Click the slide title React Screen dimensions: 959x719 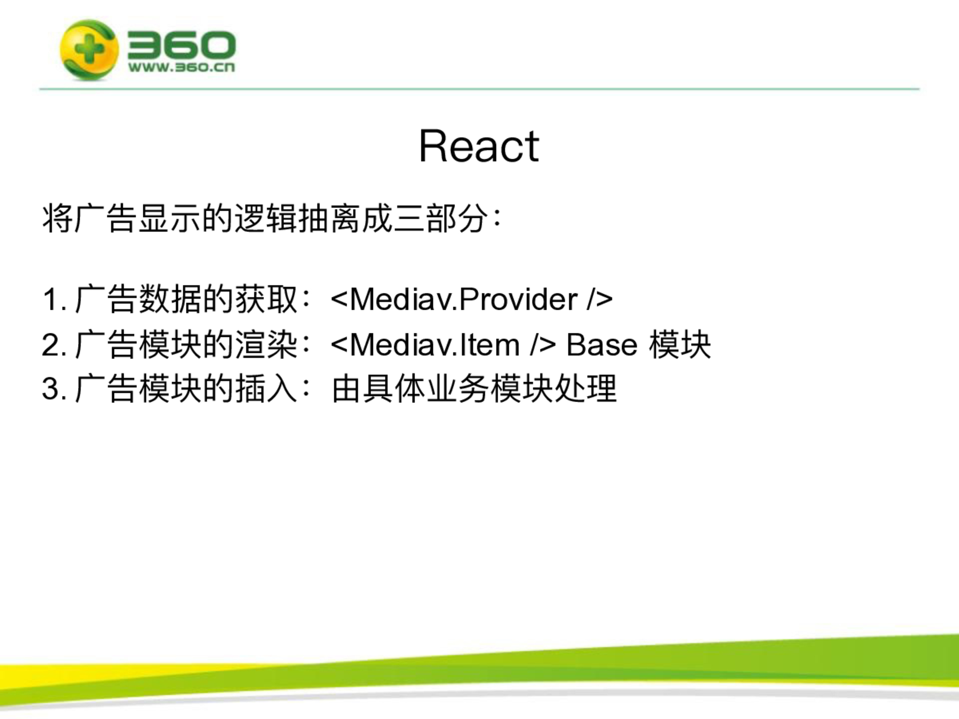point(479,146)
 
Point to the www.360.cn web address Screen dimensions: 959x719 point(181,67)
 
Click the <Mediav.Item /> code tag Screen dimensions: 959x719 point(443,345)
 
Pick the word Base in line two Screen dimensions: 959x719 point(601,345)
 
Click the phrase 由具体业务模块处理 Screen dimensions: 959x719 point(474,389)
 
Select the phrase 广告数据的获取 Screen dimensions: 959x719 point(186,299)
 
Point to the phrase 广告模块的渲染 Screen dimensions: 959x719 point(186,345)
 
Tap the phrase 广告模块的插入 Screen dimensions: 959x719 point(186,389)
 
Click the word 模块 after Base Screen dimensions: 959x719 point(680,345)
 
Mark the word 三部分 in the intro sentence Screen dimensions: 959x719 point(441,219)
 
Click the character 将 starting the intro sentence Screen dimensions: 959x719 point(58,219)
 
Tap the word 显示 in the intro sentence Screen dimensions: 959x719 point(170,219)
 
